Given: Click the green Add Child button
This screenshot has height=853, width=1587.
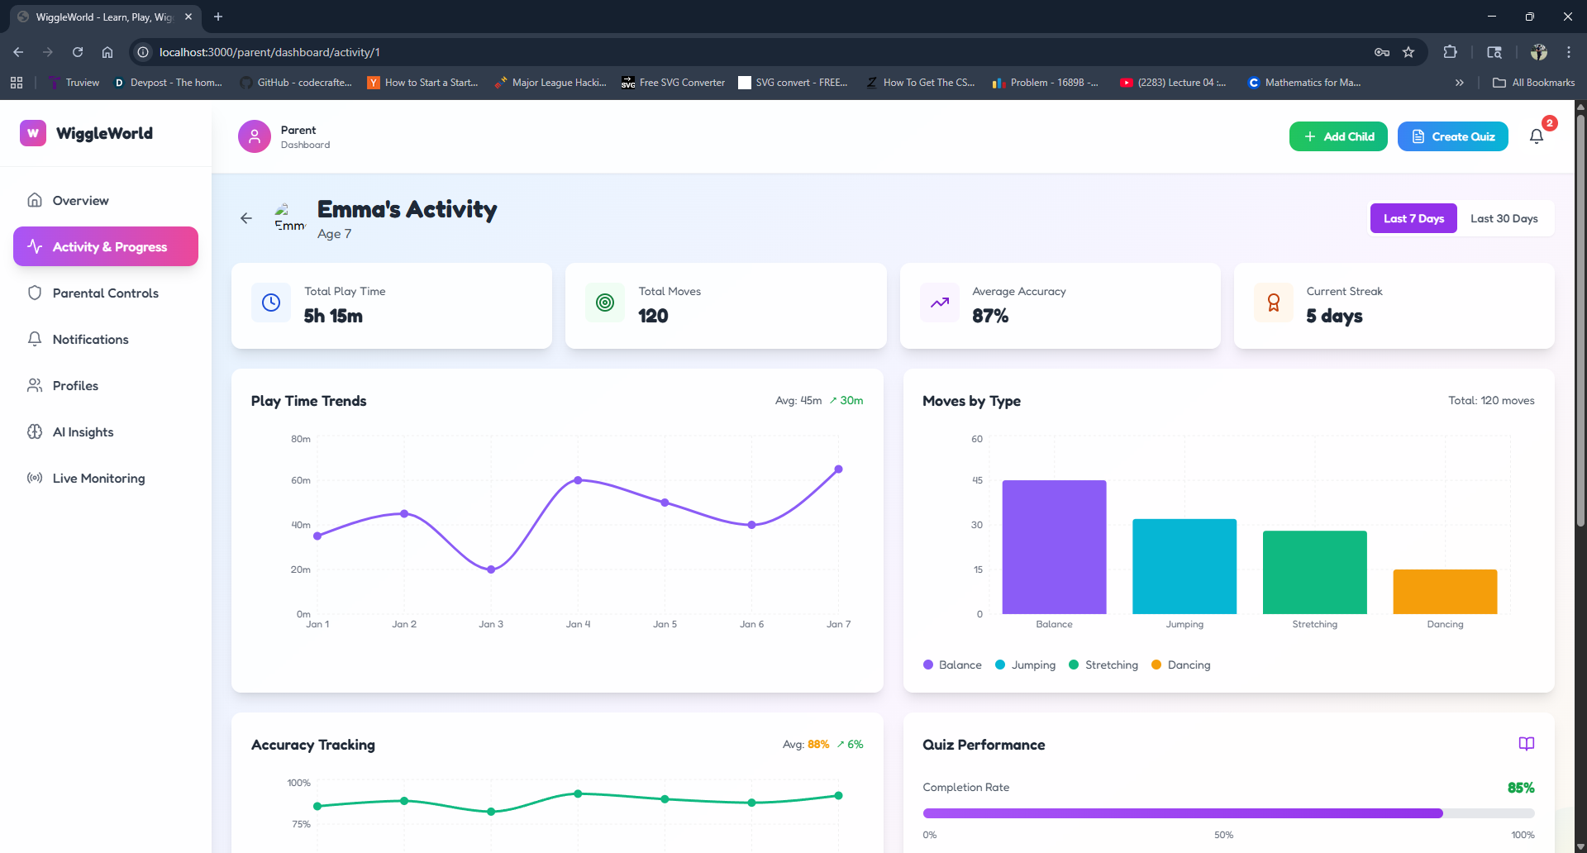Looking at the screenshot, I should [x=1338, y=136].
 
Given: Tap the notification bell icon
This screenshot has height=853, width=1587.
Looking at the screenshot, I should [x=1536, y=136].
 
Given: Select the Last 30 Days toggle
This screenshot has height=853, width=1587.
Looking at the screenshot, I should [x=1504, y=218].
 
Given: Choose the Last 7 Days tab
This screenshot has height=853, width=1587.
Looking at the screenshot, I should [x=1413, y=218].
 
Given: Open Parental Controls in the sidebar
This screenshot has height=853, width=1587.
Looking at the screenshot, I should [x=105, y=293].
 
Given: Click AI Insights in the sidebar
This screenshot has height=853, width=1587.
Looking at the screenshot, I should [x=83, y=431].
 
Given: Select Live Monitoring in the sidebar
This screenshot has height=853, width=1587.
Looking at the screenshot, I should [x=98, y=478].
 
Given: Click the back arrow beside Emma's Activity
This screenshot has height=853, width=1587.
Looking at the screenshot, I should [x=246, y=218].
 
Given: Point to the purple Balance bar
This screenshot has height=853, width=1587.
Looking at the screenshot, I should [x=1054, y=547].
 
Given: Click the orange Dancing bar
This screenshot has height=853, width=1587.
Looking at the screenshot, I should [x=1445, y=592].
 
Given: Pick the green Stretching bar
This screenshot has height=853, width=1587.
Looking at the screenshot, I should [x=1314, y=572].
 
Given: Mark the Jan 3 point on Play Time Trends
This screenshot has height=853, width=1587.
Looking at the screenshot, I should [x=491, y=569].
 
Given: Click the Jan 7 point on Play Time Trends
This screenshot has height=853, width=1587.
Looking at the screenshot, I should [x=838, y=469].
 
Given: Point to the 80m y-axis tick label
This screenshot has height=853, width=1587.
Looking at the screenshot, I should [x=301, y=439].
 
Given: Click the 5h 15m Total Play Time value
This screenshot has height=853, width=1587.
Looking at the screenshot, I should [x=333, y=316].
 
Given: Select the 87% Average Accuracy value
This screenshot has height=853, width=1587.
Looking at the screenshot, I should [x=990, y=316].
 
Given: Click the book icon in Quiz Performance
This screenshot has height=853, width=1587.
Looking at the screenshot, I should [x=1526, y=744].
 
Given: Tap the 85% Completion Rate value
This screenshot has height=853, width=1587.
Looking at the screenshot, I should [x=1520, y=788].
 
